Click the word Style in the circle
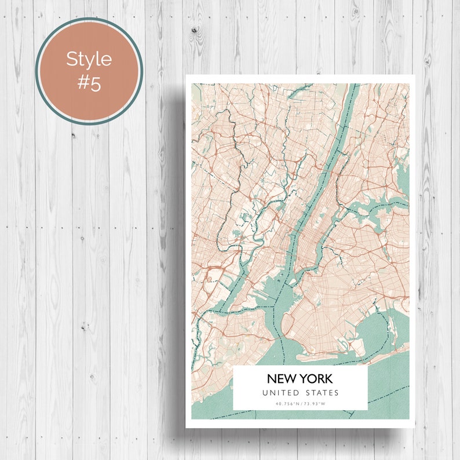[x=89, y=59]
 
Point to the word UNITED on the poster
[x=279, y=393]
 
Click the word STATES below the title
[x=322, y=393]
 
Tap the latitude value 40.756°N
[x=288, y=404]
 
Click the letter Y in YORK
[x=305, y=379]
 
